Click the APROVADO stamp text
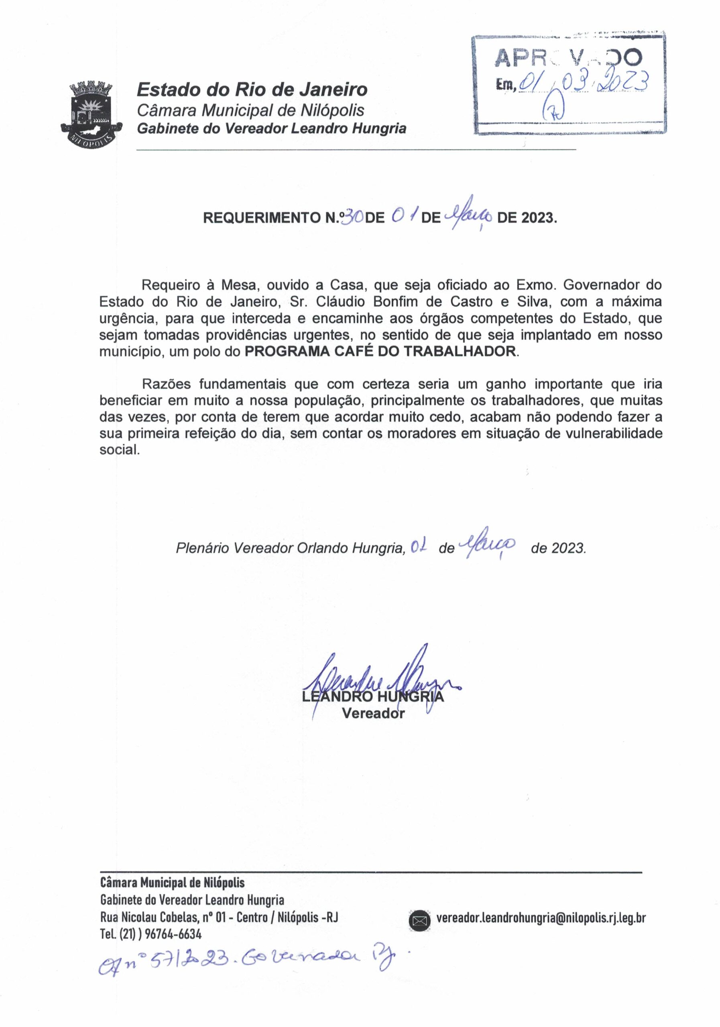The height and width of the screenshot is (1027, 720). tap(568, 58)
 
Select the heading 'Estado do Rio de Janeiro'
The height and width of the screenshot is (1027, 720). tap(252, 89)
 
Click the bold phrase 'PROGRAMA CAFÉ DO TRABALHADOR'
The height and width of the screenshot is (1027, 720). tap(380, 351)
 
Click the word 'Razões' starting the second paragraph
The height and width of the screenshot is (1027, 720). tap(167, 384)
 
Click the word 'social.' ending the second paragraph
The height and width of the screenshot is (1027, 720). tap(120, 450)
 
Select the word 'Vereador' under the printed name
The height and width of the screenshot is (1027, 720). tap(373, 713)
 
